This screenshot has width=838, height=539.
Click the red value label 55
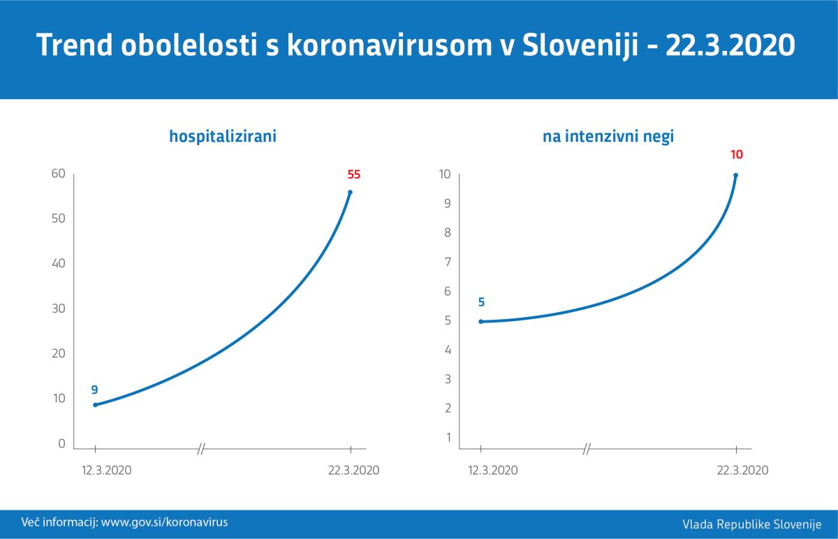click(353, 175)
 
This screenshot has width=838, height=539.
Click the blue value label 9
click(94, 390)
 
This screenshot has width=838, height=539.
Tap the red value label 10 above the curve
click(737, 156)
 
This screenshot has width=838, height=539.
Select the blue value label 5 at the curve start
click(481, 302)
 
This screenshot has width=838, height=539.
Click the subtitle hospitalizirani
click(223, 137)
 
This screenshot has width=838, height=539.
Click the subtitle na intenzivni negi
click(608, 137)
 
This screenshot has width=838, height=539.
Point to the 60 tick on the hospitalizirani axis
click(58, 173)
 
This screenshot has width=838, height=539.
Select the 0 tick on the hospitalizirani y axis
click(61, 443)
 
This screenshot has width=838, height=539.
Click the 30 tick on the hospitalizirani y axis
click(58, 309)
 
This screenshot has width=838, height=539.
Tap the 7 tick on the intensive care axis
click(448, 262)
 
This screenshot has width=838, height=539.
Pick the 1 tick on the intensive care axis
click(448, 438)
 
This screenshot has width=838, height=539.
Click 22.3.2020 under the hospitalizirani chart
click(353, 470)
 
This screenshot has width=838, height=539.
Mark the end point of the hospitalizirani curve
click(350, 192)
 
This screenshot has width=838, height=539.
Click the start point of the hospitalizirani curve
click(95, 404)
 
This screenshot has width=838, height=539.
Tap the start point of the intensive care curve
click(480, 321)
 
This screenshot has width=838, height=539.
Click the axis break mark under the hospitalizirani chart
click(201, 449)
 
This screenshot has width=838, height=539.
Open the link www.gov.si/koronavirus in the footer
click(164, 522)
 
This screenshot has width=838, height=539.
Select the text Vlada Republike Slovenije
click(752, 524)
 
